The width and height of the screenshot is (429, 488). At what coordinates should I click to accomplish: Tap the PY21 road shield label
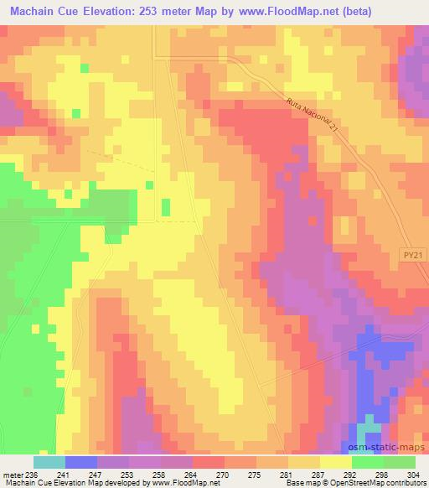(409, 262)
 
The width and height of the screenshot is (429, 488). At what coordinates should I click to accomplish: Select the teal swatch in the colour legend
(49, 462)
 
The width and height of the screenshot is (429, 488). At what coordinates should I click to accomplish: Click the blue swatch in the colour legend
(80, 462)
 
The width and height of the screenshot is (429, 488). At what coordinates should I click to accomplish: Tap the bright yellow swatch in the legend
(335, 462)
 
